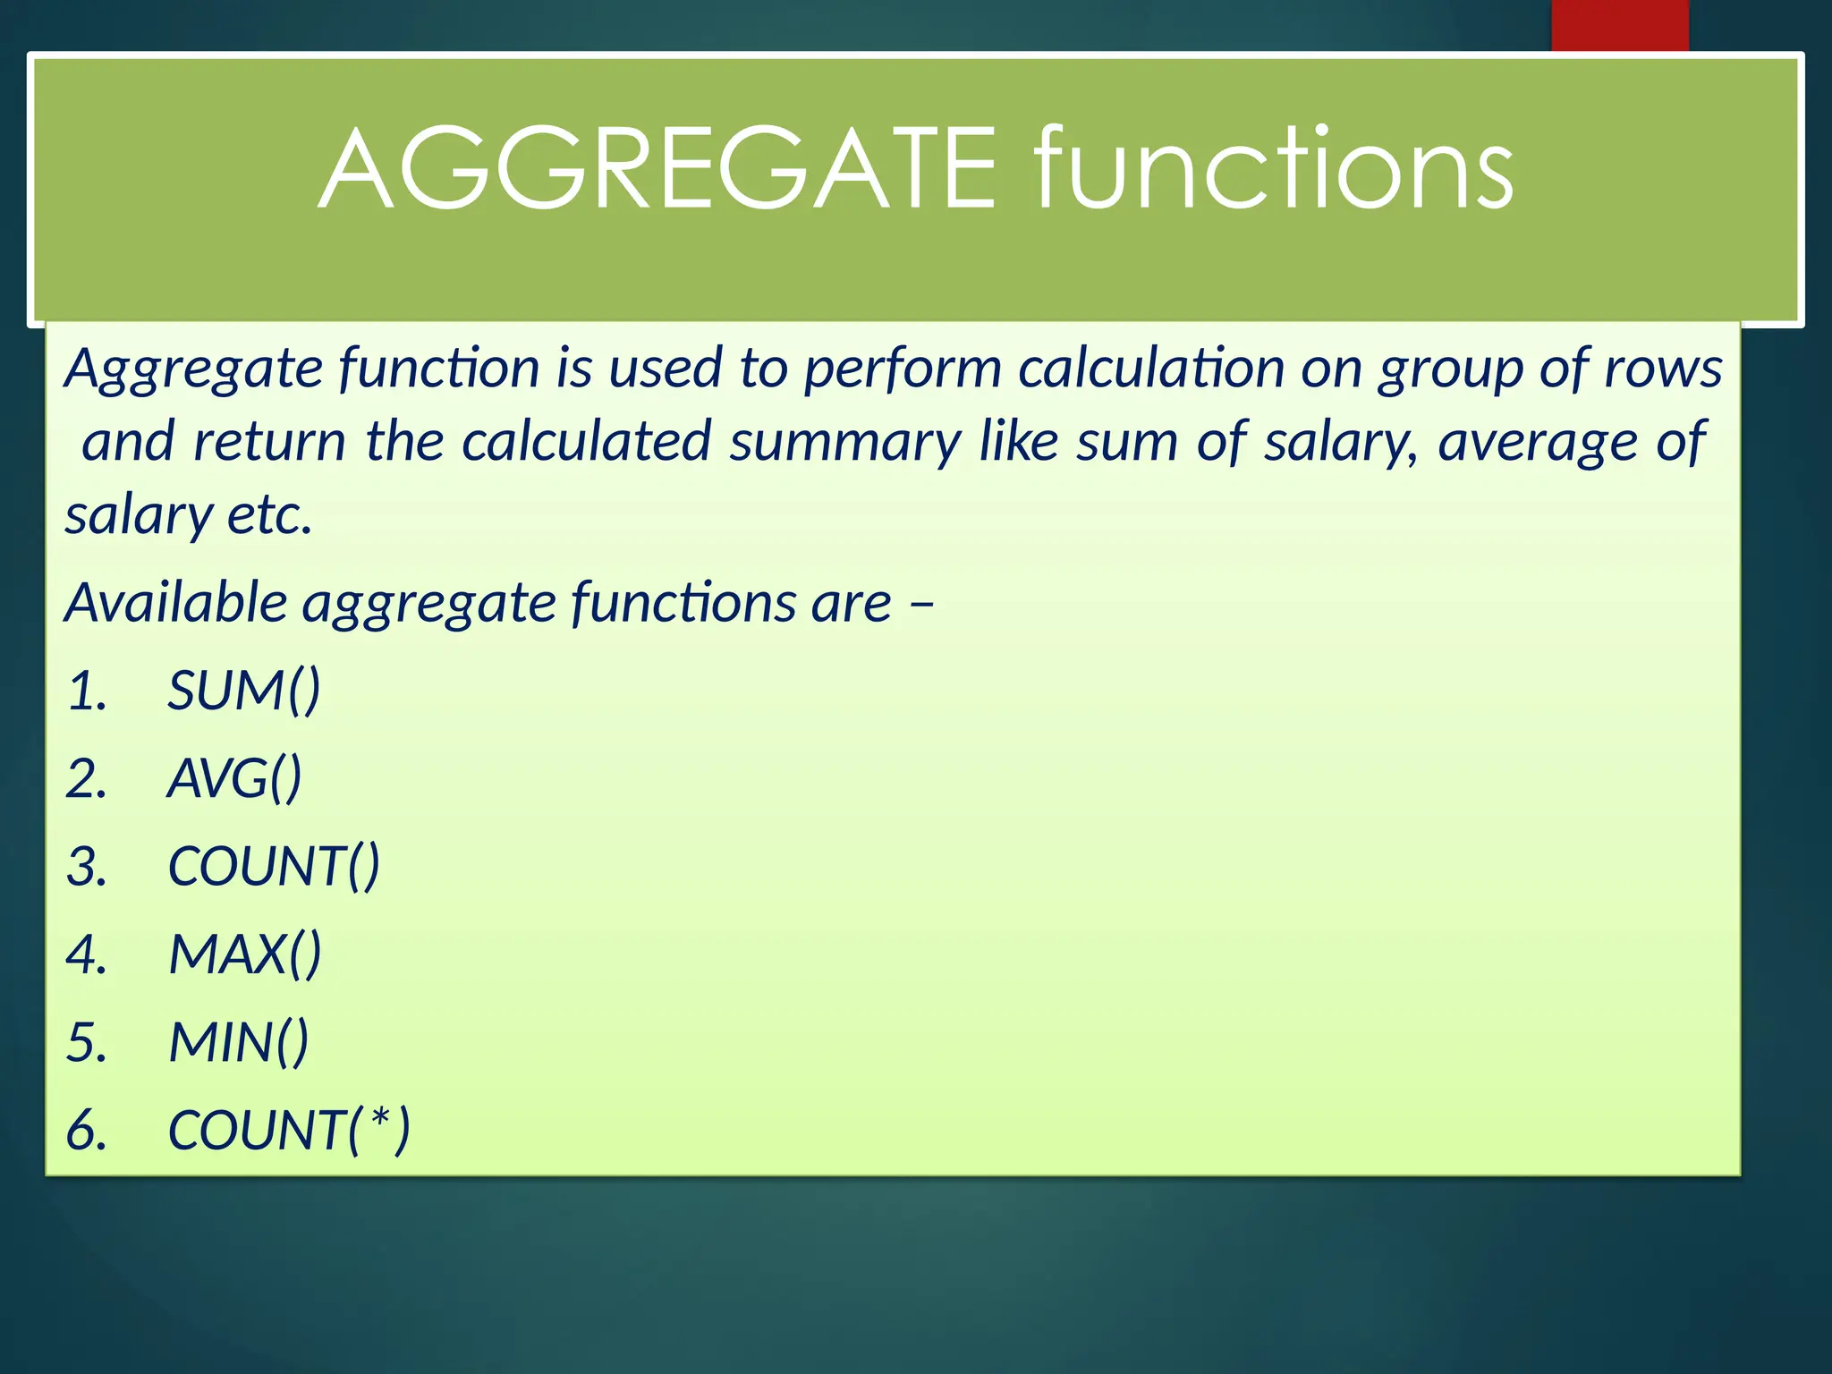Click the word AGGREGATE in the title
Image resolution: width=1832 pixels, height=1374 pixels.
pyautogui.click(x=657, y=170)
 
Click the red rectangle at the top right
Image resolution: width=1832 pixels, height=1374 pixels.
pyautogui.click(x=1619, y=25)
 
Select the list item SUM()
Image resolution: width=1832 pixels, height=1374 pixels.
pyautogui.click(x=243, y=691)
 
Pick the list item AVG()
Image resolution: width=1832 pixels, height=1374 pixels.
pyautogui.click(x=234, y=778)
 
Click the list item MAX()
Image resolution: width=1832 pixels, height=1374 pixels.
pyautogui.click(x=244, y=954)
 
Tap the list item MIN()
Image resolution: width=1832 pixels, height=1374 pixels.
pyautogui.click(x=239, y=1042)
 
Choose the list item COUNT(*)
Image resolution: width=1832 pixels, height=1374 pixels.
pyautogui.click(x=288, y=1130)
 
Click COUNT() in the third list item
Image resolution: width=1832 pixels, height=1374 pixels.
pyautogui.click(x=274, y=867)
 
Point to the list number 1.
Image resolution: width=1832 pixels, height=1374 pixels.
pyautogui.click(x=87, y=691)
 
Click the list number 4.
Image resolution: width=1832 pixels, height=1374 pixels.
pyautogui.click(x=87, y=954)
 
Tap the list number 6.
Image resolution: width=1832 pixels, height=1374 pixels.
pyautogui.click(x=87, y=1130)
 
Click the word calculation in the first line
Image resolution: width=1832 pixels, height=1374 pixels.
pyautogui.click(x=1151, y=369)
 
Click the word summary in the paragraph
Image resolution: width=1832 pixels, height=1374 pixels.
pyautogui.click(x=844, y=442)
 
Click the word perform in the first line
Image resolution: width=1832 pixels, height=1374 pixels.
pyautogui.click(x=902, y=369)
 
